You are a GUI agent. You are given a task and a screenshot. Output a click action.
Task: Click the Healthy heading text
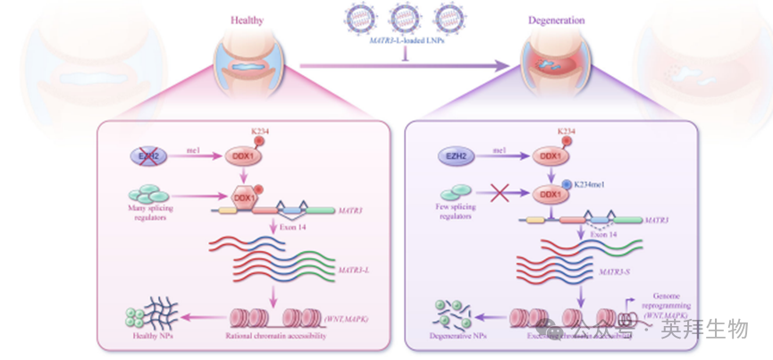pyautogui.click(x=247, y=20)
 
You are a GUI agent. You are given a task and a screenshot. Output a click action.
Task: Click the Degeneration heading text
pyautogui.click(x=555, y=20)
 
